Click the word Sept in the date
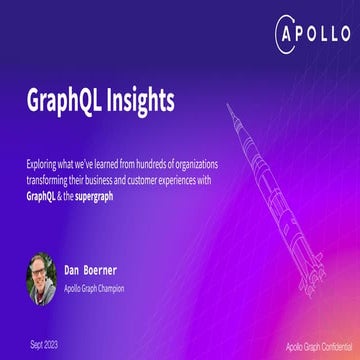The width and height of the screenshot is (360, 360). click(x=36, y=342)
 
